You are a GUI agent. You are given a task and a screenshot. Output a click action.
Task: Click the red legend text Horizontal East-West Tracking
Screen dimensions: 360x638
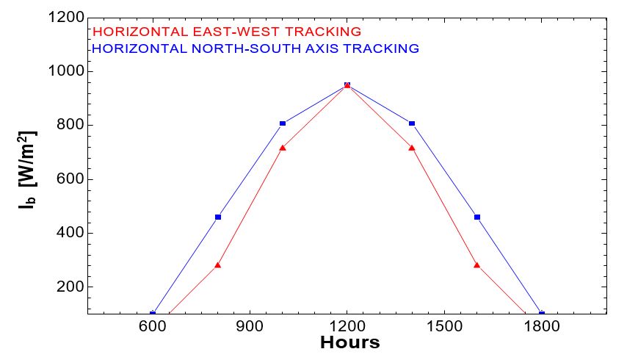pos(228,32)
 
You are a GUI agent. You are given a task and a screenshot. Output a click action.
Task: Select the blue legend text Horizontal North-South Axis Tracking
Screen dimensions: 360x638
pos(256,48)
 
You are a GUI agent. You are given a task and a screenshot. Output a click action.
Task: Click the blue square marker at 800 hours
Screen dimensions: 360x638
pos(218,217)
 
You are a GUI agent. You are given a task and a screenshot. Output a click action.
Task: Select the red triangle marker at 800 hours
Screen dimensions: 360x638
pos(218,264)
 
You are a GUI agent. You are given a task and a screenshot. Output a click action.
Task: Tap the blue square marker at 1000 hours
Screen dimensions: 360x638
pos(283,123)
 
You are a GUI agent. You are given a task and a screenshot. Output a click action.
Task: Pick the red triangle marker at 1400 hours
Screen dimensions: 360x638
pos(412,148)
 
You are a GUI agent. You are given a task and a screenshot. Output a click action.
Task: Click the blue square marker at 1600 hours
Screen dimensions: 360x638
pos(477,217)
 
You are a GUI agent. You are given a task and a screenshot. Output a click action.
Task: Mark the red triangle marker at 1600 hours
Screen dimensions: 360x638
pos(477,264)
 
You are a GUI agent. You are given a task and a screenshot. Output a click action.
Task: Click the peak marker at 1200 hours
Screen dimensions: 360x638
pos(347,85)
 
